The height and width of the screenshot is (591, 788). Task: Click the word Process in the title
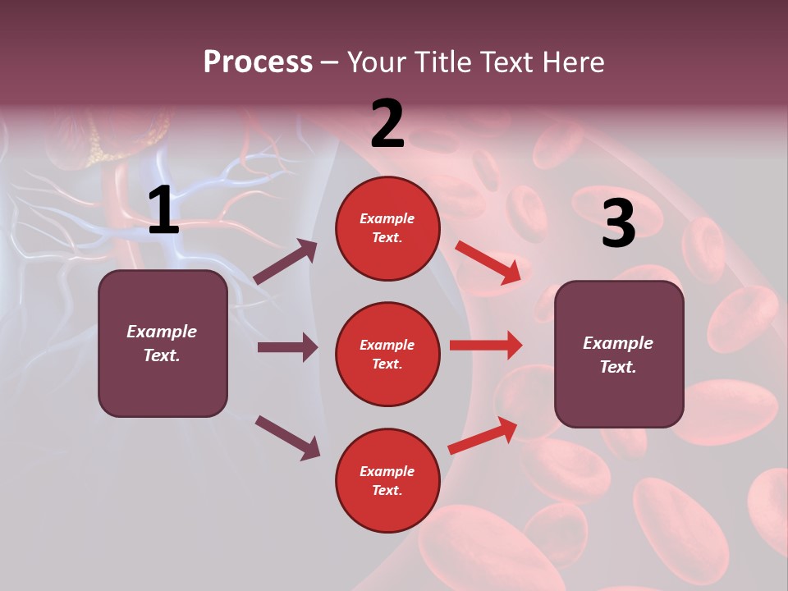click(x=258, y=62)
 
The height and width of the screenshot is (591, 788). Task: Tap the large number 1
click(x=163, y=211)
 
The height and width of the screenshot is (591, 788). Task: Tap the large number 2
click(x=387, y=124)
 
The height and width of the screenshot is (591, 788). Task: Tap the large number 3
click(x=618, y=223)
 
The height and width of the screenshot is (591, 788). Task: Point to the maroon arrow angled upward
click(x=286, y=262)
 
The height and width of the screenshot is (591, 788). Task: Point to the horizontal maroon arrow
click(x=287, y=347)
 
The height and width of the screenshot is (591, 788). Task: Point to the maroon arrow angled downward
click(x=287, y=438)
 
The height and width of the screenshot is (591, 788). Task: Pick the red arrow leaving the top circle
click(x=488, y=263)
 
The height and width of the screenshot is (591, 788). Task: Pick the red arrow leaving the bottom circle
click(x=483, y=436)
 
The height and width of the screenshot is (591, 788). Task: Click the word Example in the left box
click(x=162, y=332)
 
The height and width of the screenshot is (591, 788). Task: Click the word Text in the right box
click(x=617, y=367)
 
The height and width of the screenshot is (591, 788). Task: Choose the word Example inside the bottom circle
click(x=387, y=471)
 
